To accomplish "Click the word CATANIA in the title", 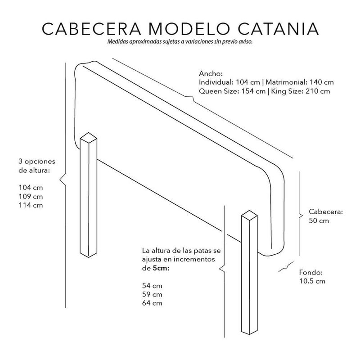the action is click(278, 29).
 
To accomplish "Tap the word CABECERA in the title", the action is click(92, 29).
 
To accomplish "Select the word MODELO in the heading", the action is click(189, 29).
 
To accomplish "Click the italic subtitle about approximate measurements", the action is click(180, 42).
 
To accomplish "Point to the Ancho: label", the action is click(211, 73).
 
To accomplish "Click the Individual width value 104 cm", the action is click(248, 82).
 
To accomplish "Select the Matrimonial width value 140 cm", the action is click(322, 82).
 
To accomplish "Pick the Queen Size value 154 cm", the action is click(253, 91).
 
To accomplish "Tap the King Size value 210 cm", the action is click(318, 91).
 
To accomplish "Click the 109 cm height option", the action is click(31, 197).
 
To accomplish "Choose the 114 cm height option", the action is click(31, 205).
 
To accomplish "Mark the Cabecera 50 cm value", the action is click(319, 220).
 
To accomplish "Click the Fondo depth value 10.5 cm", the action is click(312, 281).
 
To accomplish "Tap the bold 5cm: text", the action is click(161, 268).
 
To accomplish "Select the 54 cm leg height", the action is click(152, 286).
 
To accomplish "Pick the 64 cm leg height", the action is click(152, 303).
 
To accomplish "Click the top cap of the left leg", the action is click(88, 138).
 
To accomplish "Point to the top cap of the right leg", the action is click(249, 216).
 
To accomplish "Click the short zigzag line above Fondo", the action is click(286, 266).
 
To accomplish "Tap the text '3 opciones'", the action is click(37, 162).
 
